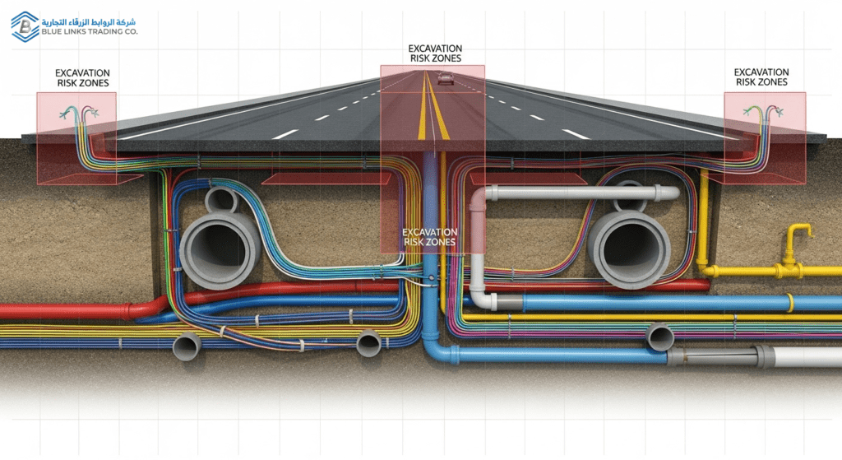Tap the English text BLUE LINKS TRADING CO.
tap(92, 31)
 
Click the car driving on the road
tap(445, 78)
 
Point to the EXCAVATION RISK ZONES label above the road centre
tap(435, 53)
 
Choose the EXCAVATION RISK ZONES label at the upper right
tap(761, 77)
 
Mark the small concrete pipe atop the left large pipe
tap(220, 200)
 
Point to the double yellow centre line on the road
tap(433, 115)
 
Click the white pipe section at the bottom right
tap(810, 357)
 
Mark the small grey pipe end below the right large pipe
tap(661, 337)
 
